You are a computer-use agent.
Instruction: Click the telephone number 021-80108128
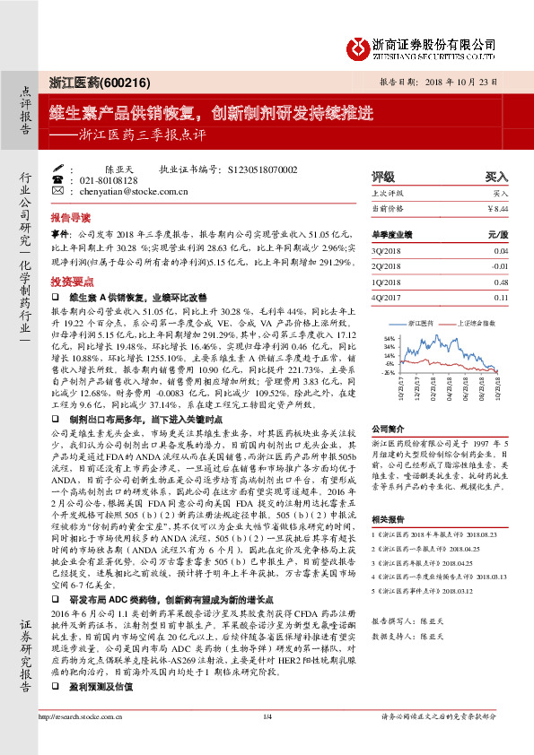coord(107,180)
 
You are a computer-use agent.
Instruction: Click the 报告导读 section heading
coord(70,217)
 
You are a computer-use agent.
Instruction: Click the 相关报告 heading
coord(390,518)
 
